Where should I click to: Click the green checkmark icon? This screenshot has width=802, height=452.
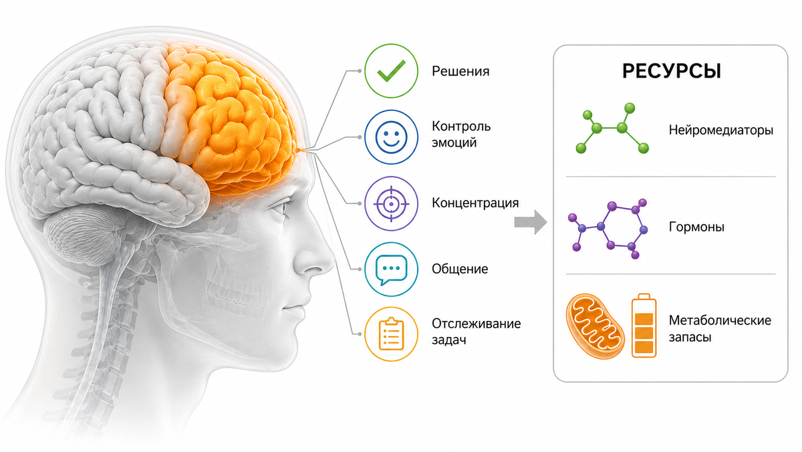click(392, 71)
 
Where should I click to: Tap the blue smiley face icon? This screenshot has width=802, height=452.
click(392, 137)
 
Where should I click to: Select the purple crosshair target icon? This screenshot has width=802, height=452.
click(392, 203)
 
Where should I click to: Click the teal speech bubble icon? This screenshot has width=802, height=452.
click(392, 269)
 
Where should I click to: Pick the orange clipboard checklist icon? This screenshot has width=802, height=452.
click(392, 334)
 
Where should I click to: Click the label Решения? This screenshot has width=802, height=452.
click(460, 72)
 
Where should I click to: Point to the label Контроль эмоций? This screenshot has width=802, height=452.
click(461, 134)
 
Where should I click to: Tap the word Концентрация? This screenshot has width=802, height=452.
click(475, 203)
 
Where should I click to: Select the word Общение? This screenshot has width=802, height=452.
click(460, 269)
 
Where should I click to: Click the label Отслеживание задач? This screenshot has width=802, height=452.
click(476, 331)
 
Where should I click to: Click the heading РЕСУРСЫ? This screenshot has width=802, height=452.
click(671, 72)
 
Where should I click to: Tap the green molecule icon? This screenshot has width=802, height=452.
click(612, 128)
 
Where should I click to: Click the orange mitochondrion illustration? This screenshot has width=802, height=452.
click(595, 326)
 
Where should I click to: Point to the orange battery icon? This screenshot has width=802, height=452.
click(644, 326)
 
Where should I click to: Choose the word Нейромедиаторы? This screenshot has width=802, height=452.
click(720, 130)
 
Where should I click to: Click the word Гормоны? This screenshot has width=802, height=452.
click(696, 227)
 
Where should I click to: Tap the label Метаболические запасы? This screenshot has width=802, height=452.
click(720, 328)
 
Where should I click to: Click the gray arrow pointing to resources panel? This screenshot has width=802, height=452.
click(531, 223)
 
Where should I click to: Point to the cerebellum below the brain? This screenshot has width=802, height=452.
click(84, 233)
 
